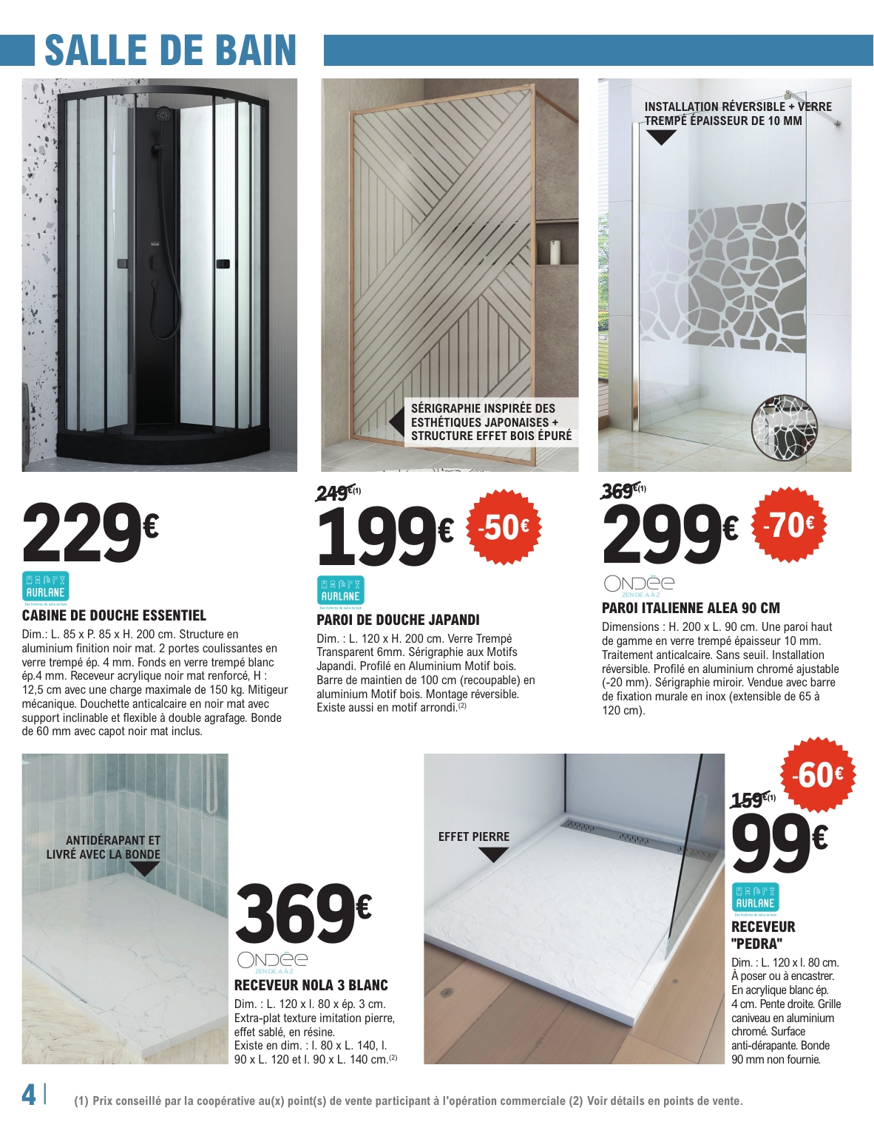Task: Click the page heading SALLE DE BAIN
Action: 170,50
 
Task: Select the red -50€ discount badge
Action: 504,527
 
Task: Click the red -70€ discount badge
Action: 788,524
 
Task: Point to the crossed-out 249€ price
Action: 334,493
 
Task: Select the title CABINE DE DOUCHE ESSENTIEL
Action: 114,615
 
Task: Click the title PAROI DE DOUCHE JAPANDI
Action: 398,620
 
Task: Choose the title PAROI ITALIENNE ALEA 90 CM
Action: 691,608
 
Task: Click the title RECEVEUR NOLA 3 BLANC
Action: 311,985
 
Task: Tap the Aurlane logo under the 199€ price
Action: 340,591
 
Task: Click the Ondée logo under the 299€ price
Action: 640,584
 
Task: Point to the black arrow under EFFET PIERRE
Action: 493,855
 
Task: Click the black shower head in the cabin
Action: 163,115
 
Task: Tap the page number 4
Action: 29,1095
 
